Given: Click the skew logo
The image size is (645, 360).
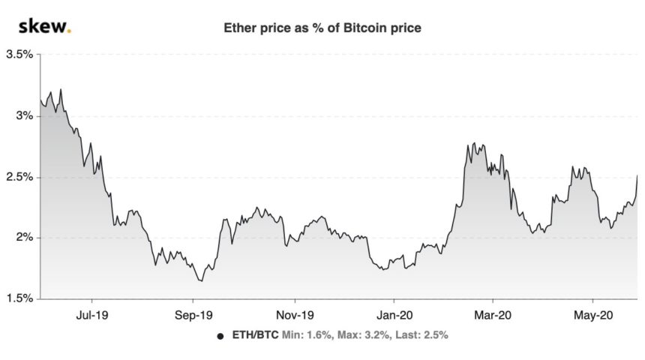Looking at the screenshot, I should click(x=44, y=29).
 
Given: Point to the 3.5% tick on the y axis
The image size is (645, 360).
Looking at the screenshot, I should click(x=19, y=55).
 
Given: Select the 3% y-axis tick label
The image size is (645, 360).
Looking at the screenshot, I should click(x=24, y=116).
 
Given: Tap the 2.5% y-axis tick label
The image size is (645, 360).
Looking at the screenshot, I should click(x=19, y=177).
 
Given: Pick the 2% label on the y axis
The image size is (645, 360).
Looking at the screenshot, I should click(x=24, y=238).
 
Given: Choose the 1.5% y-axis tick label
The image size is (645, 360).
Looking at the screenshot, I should click(x=19, y=298).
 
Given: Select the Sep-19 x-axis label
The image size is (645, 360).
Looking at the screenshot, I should click(x=196, y=316).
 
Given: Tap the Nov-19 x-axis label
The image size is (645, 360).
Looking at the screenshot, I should click(x=295, y=316).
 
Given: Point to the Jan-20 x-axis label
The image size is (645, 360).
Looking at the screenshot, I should click(x=395, y=316).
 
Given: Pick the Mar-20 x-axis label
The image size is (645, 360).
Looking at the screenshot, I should click(x=493, y=316).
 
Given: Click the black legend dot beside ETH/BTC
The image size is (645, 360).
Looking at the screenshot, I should click(x=220, y=336).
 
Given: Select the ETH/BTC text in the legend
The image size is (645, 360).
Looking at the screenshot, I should click(x=253, y=336).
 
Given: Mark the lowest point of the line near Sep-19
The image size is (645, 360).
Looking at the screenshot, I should click(x=200, y=281).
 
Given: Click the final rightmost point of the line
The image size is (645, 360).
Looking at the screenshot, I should click(x=637, y=175).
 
